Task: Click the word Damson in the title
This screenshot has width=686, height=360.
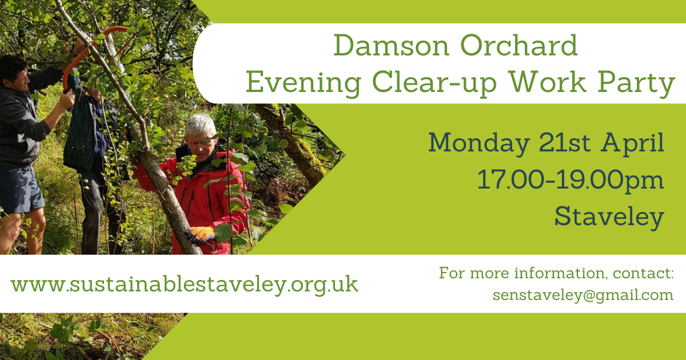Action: tap(392, 46)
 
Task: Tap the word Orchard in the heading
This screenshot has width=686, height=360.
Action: tap(519, 45)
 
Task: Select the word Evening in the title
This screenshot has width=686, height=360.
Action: tap(304, 83)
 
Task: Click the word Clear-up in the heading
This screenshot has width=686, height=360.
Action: tap(434, 83)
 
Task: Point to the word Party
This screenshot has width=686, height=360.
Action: tap(636, 83)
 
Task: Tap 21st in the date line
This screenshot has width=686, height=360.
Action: tap(564, 143)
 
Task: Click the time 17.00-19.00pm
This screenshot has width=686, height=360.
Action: tap(571, 181)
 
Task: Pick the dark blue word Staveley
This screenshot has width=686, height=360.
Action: tap(609, 217)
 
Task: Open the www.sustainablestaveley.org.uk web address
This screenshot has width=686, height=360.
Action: tap(184, 285)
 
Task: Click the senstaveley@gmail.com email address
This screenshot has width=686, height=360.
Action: tap(583, 295)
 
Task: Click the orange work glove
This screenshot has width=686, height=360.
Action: tap(201, 235)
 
